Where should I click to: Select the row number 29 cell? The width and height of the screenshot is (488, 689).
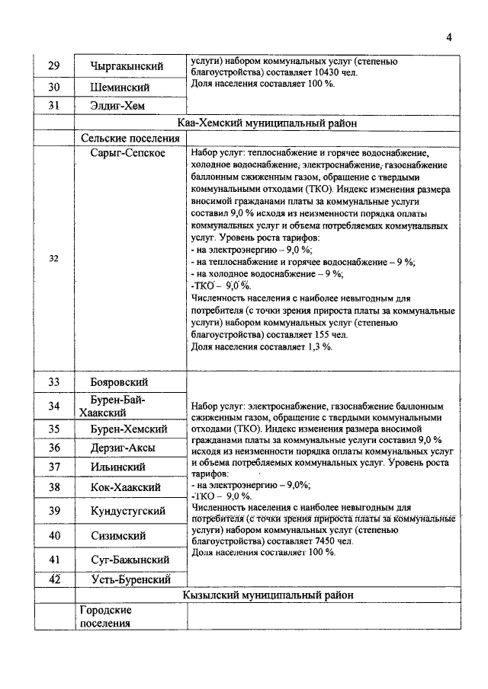point(54,67)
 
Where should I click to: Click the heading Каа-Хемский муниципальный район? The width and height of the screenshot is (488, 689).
point(268,122)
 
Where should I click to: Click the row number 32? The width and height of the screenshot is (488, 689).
point(54,258)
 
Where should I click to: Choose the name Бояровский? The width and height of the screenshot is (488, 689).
point(119,382)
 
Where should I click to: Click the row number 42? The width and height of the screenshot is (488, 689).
point(54,579)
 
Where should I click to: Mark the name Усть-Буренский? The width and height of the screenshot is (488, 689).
point(129,579)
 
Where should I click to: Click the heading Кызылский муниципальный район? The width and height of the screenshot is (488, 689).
point(268,595)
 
